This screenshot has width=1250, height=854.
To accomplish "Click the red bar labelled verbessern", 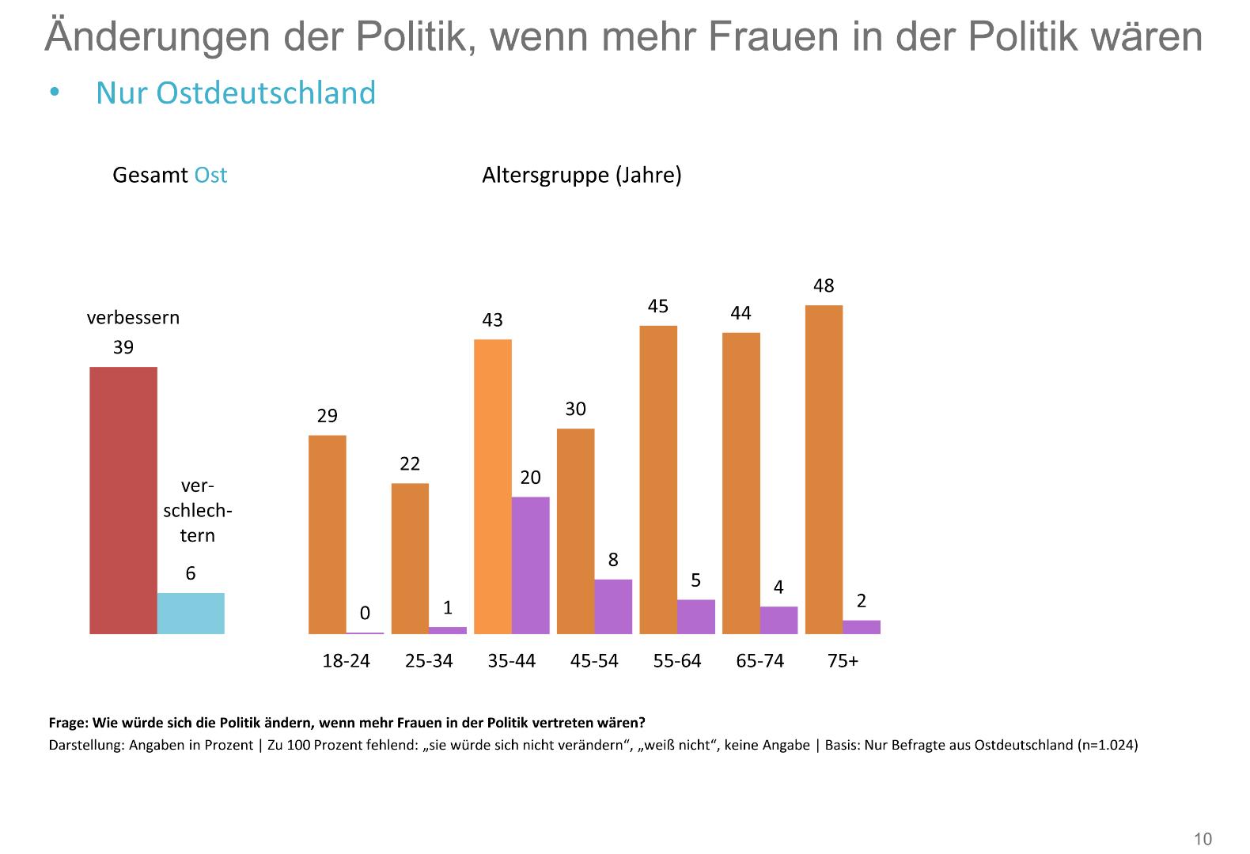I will coord(123,500).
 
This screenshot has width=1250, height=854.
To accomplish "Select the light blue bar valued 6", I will coord(191,614).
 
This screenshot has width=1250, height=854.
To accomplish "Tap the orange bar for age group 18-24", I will coord(327,535).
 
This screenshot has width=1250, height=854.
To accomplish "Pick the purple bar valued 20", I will coord(530,565).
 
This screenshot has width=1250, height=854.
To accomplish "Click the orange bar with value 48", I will coord(824,470).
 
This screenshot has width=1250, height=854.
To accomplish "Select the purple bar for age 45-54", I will coord(613,606).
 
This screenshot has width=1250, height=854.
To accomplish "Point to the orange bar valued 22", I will coord(410,558).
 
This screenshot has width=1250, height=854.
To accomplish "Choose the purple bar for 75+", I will coord(862,627).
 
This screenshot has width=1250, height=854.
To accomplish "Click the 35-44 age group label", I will coord(511,661).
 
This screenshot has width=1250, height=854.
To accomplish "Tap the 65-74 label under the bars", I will coord(759,661).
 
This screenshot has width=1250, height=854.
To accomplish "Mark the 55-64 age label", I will coord(677,661).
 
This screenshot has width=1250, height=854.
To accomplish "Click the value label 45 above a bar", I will coord(658,306).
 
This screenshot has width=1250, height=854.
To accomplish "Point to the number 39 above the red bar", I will coord(123,347).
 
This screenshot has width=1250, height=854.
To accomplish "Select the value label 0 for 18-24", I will coord(365,614).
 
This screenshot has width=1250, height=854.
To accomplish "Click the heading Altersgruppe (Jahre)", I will coord(581,175).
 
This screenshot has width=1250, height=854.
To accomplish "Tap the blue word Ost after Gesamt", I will coord(210,175).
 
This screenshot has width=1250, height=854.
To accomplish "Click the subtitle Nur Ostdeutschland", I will coord(236,93).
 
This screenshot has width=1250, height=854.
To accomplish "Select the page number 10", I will coord(1203,839).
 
